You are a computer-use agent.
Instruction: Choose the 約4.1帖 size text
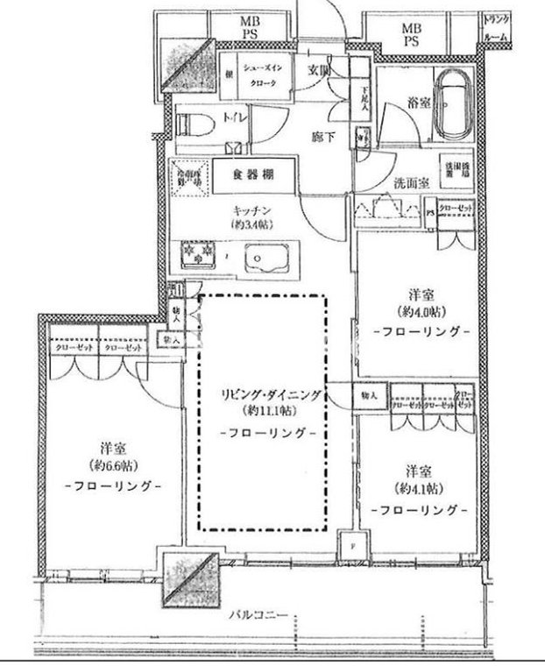tap(416, 489)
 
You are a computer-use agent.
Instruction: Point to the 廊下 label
tap(325, 137)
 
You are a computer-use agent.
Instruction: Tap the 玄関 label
tap(320, 71)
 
